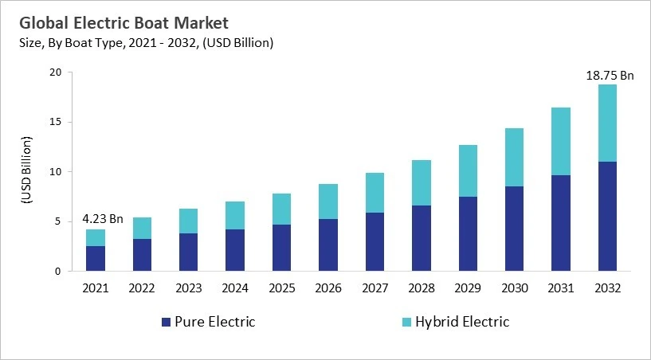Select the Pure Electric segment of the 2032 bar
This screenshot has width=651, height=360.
coord(606,216)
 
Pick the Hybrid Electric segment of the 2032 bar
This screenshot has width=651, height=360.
coord(606,123)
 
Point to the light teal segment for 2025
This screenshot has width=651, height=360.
coord(281,209)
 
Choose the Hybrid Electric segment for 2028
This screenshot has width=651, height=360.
coord(422,182)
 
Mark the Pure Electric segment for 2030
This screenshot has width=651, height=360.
coord(514,229)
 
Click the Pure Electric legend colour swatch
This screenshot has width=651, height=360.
coord(166,323)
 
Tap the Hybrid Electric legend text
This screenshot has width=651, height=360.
coord(462,323)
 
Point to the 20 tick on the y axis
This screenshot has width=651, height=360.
coord(54,72)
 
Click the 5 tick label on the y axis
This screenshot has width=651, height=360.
coord(57,221)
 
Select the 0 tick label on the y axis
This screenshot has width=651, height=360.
coord(57,272)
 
